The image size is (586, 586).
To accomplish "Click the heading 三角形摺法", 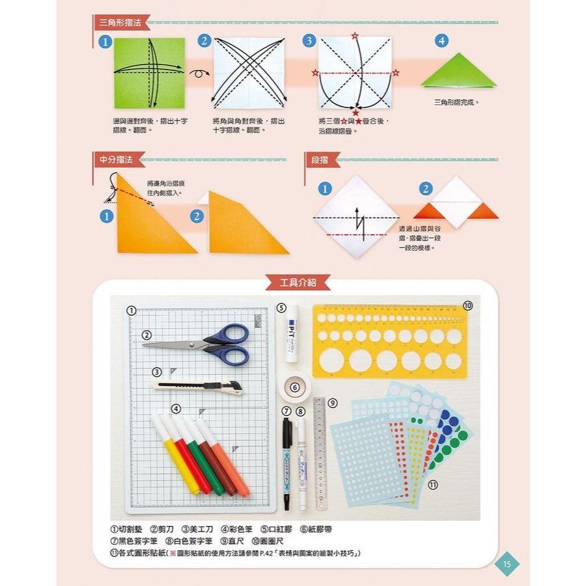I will pyautogui.click(x=120, y=23).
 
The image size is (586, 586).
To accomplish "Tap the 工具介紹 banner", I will pyautogui.click(x=297, y=283).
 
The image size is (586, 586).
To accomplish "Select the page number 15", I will pyautogui.click(x=507, y=564).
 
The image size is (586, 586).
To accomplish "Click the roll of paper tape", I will pyautogui.click(x=295, y=388).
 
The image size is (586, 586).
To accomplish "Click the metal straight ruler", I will pyautogui.click(x=319, y=453).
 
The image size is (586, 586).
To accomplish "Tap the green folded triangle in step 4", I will pyautogui.click(x=458, y=72).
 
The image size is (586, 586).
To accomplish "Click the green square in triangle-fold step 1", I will pyautogui.click(x=149, y=73).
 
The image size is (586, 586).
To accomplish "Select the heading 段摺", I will pyautogui.click(x=320, y=160).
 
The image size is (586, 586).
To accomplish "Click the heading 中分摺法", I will pyautogui.click(x=115, y=160).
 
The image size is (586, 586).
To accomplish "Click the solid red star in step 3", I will pyautogui.click(x=356, y=113).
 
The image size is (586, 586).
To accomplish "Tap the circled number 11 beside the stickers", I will pyautogui.click(x=432, y=484).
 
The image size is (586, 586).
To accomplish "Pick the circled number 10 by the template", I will pyautogui.click(x=467, y=305).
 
